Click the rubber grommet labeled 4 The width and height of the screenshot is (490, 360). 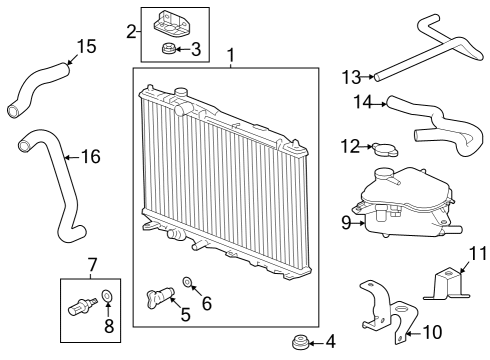point(297,344)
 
